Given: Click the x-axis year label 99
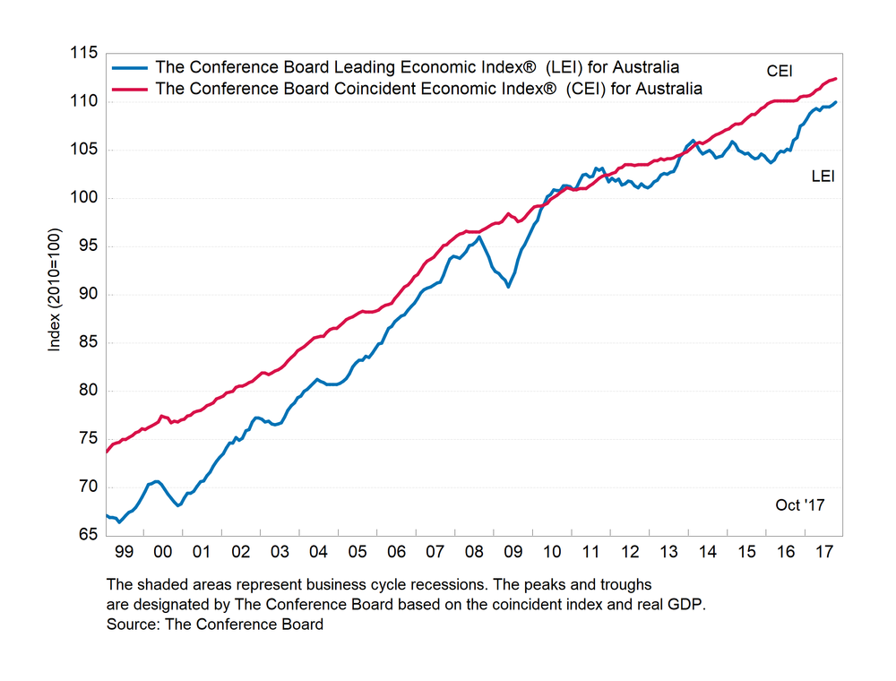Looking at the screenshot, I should point(125,553).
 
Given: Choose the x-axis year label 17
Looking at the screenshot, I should point(822,553).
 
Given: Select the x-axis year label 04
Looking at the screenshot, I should point(319,553).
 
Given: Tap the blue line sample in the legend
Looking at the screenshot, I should point(129,67).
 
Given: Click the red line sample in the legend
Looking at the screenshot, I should point(129,89).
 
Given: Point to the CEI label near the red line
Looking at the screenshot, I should point(780,70).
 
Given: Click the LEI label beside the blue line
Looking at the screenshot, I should point(823,177).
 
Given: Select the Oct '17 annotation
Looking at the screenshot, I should point(799,505).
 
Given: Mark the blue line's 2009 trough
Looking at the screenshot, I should point(508,287).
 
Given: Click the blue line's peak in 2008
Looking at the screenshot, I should point(479,237).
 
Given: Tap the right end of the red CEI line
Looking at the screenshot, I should point(836,79).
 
